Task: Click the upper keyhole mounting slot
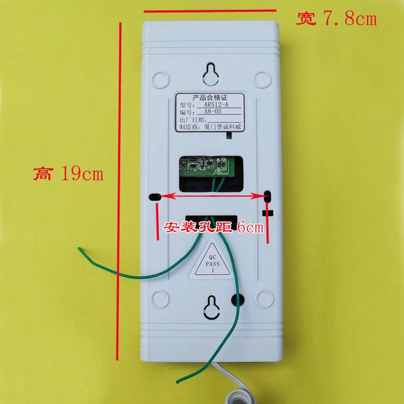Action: point(211,73)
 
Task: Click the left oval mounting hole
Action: point(155,197)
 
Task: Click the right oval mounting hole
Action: point(267,197)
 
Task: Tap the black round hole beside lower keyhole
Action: point(237,299)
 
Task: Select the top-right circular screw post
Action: point(263,78)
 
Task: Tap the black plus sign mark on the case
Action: point(267,213)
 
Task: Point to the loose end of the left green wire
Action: point(80,249)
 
